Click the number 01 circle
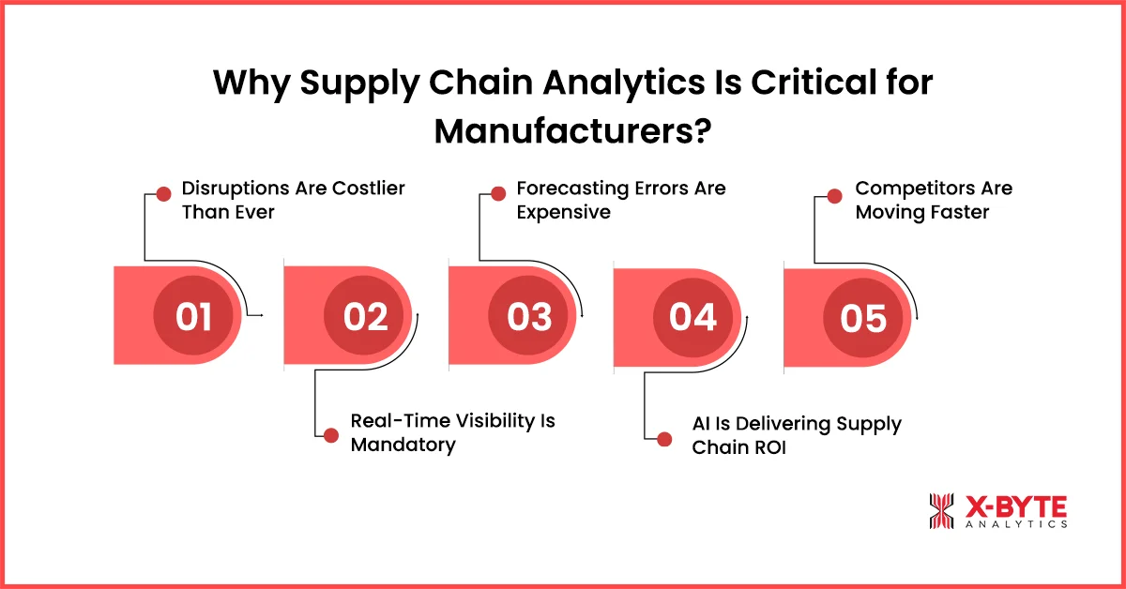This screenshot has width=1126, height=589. [x=193, y=316]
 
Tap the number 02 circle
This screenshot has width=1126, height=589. [x=364, y=316]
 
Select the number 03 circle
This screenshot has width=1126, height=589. [x=528, y=316]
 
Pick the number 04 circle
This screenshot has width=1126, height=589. [x=693, y=317]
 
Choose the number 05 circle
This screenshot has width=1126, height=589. [x=863, y=318]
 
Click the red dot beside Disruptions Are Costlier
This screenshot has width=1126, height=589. [x=163, y=194]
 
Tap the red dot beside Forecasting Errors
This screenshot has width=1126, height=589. [x=498, y=193]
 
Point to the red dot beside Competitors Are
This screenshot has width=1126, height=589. [x=834, y=196]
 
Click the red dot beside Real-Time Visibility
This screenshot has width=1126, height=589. [x=330, y=435]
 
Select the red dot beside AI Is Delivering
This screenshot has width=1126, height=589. [x=664, y=439]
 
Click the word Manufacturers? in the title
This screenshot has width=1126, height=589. [x=572, y=131]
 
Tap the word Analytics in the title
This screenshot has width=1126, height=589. [x=624, y=83]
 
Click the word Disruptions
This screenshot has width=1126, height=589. [x=236, y=189]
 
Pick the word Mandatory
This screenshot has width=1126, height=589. [x=403, y=446]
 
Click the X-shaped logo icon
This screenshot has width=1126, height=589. [x=941, y=511]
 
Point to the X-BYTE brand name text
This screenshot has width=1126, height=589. [x=1016, y=507]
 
